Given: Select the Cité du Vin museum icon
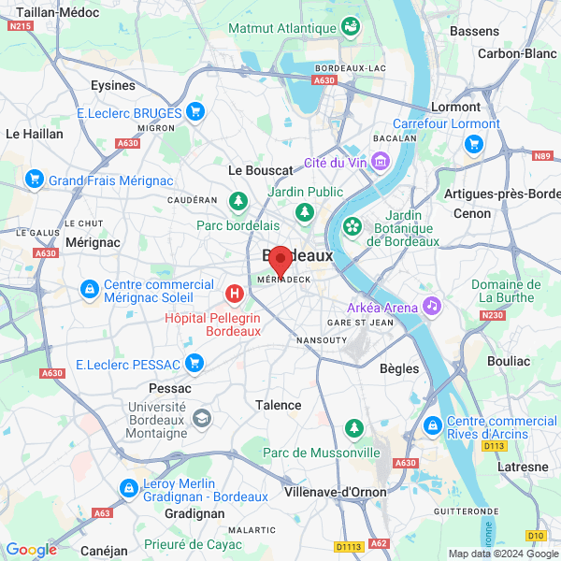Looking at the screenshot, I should [x=381, y=163].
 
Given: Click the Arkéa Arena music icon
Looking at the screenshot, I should [x=431, y=305].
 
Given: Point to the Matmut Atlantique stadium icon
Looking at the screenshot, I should [x=351, y=26].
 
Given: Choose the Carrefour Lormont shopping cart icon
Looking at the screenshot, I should [x=473, y=144].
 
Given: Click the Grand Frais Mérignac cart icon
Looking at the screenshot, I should [x=35, y=179].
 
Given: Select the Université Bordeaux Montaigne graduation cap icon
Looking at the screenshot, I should [x=201, y=416].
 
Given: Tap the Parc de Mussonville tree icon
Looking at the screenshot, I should [x=353, y=428].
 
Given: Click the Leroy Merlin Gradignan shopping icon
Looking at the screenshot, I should [x=128, y=487].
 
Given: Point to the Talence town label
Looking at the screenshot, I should [x=279, y=405].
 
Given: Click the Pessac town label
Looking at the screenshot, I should [x=169, y=387].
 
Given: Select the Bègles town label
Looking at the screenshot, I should [x=399, y=368].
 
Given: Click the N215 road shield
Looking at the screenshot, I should [x=19, y=26].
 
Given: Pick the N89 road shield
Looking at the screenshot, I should [x=542, y=156].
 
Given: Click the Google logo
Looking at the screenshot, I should [x=31, y=550].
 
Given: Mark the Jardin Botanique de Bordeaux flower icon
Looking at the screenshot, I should [x=352, y=225].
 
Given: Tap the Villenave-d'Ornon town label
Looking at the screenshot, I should [x=336, y=492].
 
